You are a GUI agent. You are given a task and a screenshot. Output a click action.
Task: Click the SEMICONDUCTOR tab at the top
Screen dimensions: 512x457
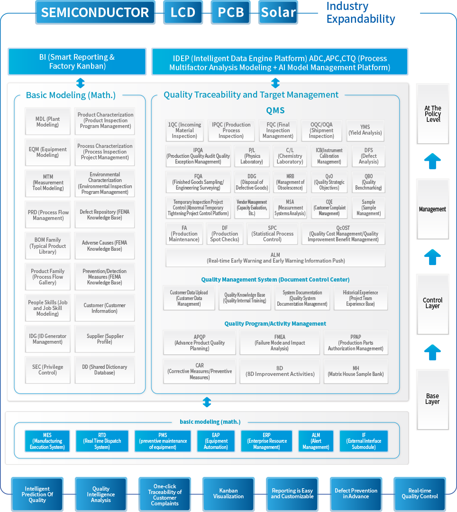(x=95, y=12)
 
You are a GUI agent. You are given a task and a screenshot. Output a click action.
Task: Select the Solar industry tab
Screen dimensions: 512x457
(x=278, y=12)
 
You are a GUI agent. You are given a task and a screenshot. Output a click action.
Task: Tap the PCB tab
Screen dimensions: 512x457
(x=231, y=12)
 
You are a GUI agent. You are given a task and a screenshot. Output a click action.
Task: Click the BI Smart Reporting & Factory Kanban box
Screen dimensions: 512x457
(x=77, y=62)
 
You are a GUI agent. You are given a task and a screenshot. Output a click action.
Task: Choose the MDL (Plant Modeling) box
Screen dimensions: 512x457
(x=47, y=122)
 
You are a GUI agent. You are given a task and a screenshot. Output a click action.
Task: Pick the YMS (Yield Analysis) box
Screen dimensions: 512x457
(x=365, y=130)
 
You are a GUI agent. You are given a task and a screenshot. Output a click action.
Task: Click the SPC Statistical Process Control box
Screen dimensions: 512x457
(x=272, y=234)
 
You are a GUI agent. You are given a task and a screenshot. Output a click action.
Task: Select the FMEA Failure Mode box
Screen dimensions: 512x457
(x=280, y=343)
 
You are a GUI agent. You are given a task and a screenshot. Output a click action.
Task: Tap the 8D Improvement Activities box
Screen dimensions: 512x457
(x=280, y=371)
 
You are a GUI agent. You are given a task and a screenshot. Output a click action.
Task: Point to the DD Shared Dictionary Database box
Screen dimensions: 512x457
(x=104, y=370)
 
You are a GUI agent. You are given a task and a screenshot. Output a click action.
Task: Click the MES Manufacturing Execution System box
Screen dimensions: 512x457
(x=47, y=441)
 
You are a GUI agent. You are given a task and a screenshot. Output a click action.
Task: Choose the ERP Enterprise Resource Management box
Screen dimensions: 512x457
(x=266, y=441)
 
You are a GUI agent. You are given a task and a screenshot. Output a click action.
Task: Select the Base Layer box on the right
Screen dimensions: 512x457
(x=432, y=399)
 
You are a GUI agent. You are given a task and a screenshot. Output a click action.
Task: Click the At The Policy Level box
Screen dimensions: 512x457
(x=432, y=114)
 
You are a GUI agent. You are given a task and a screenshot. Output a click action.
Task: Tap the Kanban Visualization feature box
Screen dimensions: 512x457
(x=228, y=494)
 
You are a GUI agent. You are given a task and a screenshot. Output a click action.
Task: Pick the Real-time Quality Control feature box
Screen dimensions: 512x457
(x=420, y=494)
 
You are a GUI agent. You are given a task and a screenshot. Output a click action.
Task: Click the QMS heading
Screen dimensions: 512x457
(x=275, y=110)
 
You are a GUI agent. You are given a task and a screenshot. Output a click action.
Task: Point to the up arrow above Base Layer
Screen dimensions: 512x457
(x=432, y=353)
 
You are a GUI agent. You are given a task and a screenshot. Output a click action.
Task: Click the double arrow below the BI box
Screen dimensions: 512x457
(x=80, y=83)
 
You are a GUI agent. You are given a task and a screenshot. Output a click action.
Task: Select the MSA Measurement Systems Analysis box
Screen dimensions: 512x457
(x=290, y=208)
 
